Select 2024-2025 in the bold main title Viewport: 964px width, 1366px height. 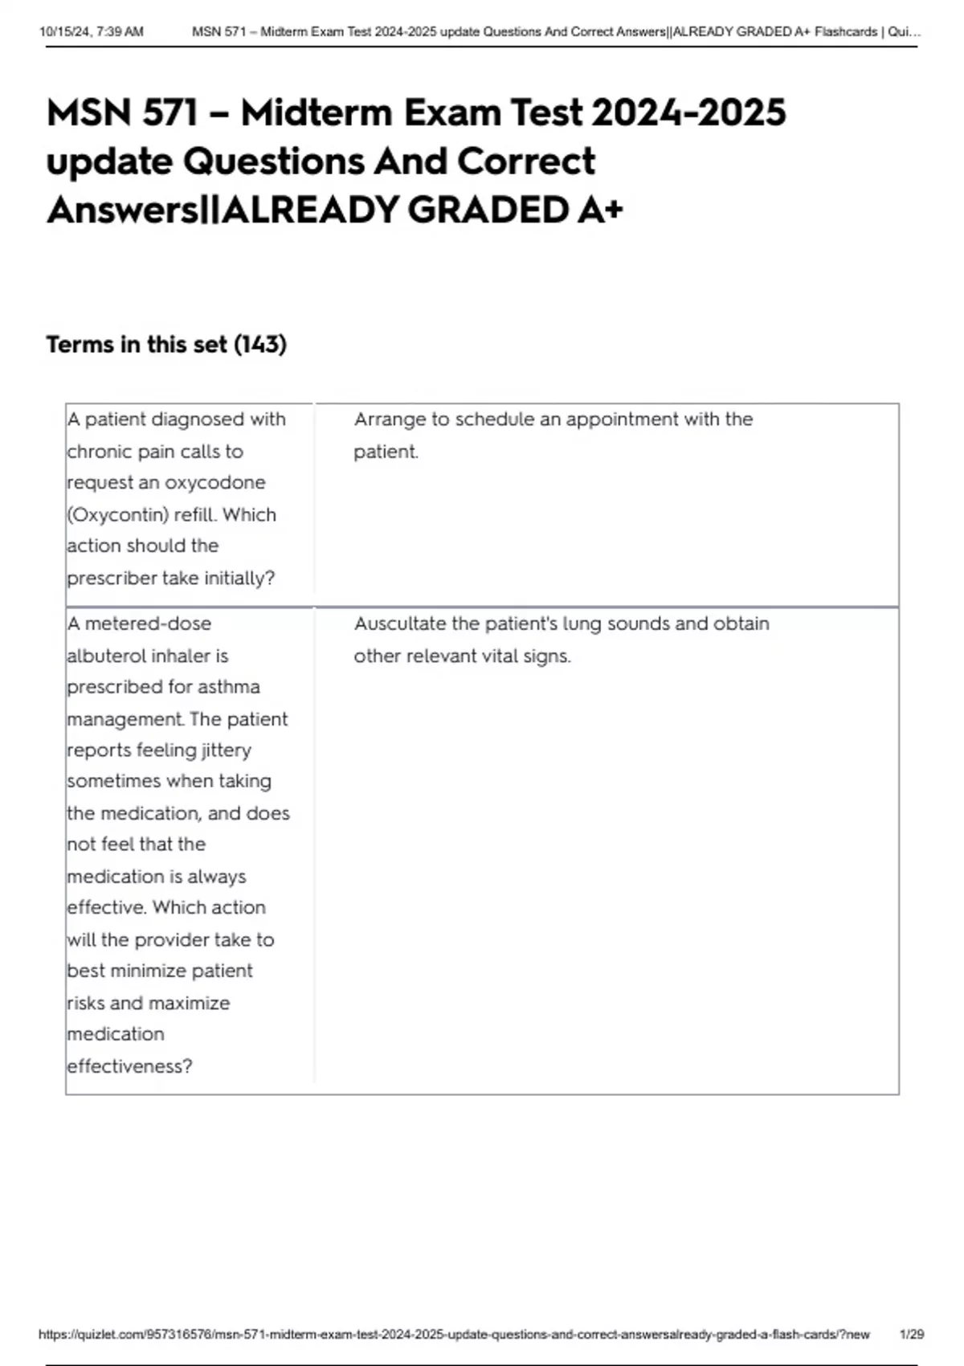(688, 112)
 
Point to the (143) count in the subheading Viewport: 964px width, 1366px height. (260, 345)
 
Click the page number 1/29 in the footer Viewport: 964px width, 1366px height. (912, 1335)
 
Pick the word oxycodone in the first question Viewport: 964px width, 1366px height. (214, 483)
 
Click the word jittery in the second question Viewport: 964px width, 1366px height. (226, 750)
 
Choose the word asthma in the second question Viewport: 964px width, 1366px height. (233, 688)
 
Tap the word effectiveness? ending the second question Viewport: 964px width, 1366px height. (129, 1067)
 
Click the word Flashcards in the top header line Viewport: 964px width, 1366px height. (845, 32)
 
